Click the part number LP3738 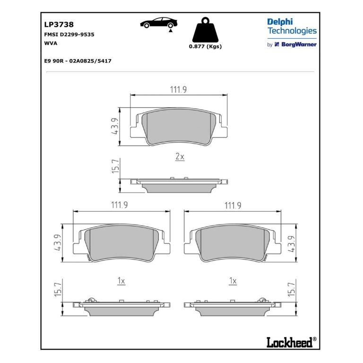(59, 24)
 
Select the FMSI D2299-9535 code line (69, 35)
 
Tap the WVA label (51, 43)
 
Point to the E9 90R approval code (78, 61)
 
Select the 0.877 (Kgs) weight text (205, 46)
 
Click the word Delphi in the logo (280, 22)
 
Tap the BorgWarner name (299, 44)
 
